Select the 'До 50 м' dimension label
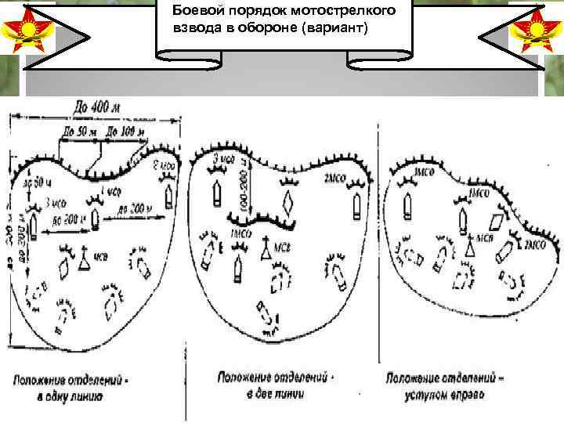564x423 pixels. pyautogui.click(x=81, y=131)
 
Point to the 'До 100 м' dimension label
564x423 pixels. pyautogui.click(x=127, y=131)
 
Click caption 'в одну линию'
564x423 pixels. pyautogui.click(x=71, y=396)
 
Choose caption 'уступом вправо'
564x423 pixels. pyautogui.click(x=445, y=395)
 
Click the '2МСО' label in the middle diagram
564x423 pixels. pyautogui.click(x=334, y=179)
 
